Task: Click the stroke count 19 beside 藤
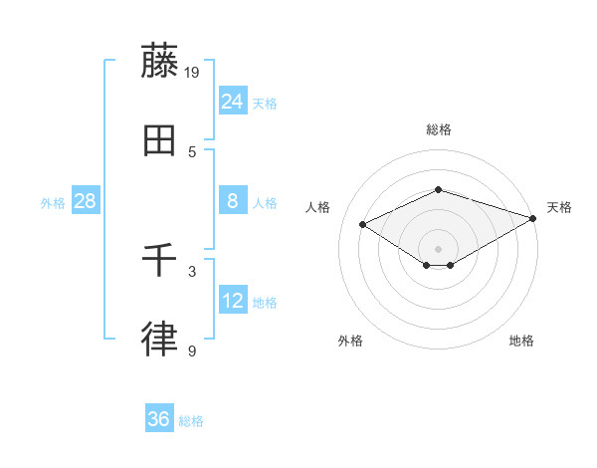pyautogui.click(x=193, y=72)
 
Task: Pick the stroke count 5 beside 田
pyautogui.click(x=192, y=151)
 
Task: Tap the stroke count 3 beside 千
pyautogui.click(x=192, y=271)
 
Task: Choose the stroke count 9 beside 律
pyautogui.click(x=192, y=351)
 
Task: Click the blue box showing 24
pyautogui.click(x=233, y=101)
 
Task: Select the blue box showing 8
pyautogui.click(x=233, y=201)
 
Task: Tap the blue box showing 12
pyautogui.click(x=233, y=300)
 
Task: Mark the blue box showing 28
pyautogui.click(x=86, y=201)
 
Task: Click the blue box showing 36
pyautogui.click(x=159, y=419)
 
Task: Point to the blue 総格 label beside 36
pyautogui.click(x=191, y=421)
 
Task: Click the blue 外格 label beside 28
pyautogui.click(x=53, y=203)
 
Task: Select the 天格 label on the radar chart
pyautogui.click(x=559, y=207)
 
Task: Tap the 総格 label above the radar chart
pyautogui.click(x=438, y=129)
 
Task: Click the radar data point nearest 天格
pyautogui.click(x=534, y=219)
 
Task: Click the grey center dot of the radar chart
pyautogui.click(x=438, y=248)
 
